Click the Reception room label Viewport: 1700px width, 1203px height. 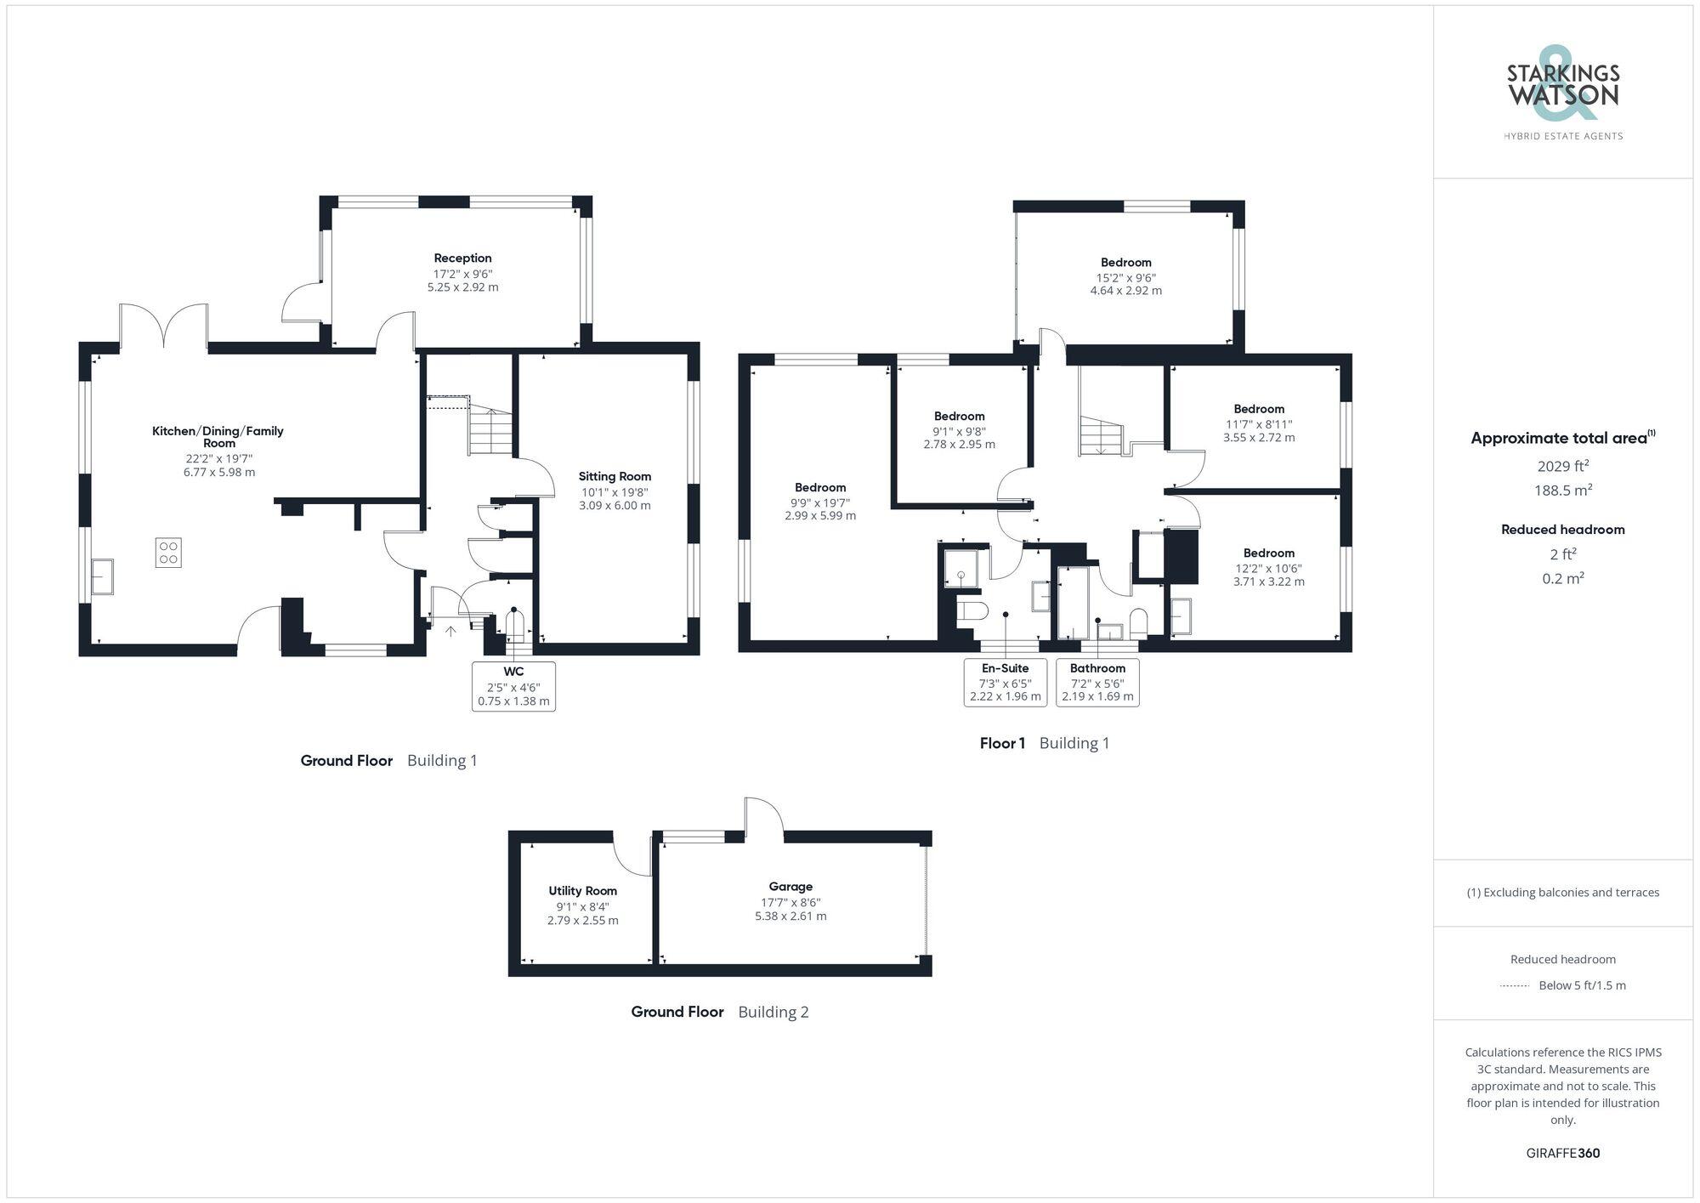(x=462, y=258)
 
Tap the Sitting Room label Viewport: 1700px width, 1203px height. (x=615, y=477)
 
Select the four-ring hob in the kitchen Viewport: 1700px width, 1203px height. (x=168, y=553)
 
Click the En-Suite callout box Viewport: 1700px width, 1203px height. (x=1005, y=682)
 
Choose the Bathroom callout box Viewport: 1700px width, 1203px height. (x=1097, y=682)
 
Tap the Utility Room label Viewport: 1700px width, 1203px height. (x=582, y=891)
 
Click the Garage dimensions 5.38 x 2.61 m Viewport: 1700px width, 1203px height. (x=790, y=916)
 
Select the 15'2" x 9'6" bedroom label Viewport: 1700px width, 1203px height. (x=1125, y=276)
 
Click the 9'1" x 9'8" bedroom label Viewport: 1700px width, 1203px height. (x=959, y=430)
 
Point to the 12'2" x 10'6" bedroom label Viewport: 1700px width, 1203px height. (x=1268, y=567)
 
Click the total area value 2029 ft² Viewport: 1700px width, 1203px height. (x=1562, y=466)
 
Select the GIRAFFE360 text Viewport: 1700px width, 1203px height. (x=1562, y=1154)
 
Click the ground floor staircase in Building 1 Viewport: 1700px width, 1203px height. (x=491, y=429)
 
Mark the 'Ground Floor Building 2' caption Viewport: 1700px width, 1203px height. (x=719, y=1012)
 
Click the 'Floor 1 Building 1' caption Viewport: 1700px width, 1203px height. (x=1044, y=743)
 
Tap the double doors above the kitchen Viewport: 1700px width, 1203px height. (x=163, y=327)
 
